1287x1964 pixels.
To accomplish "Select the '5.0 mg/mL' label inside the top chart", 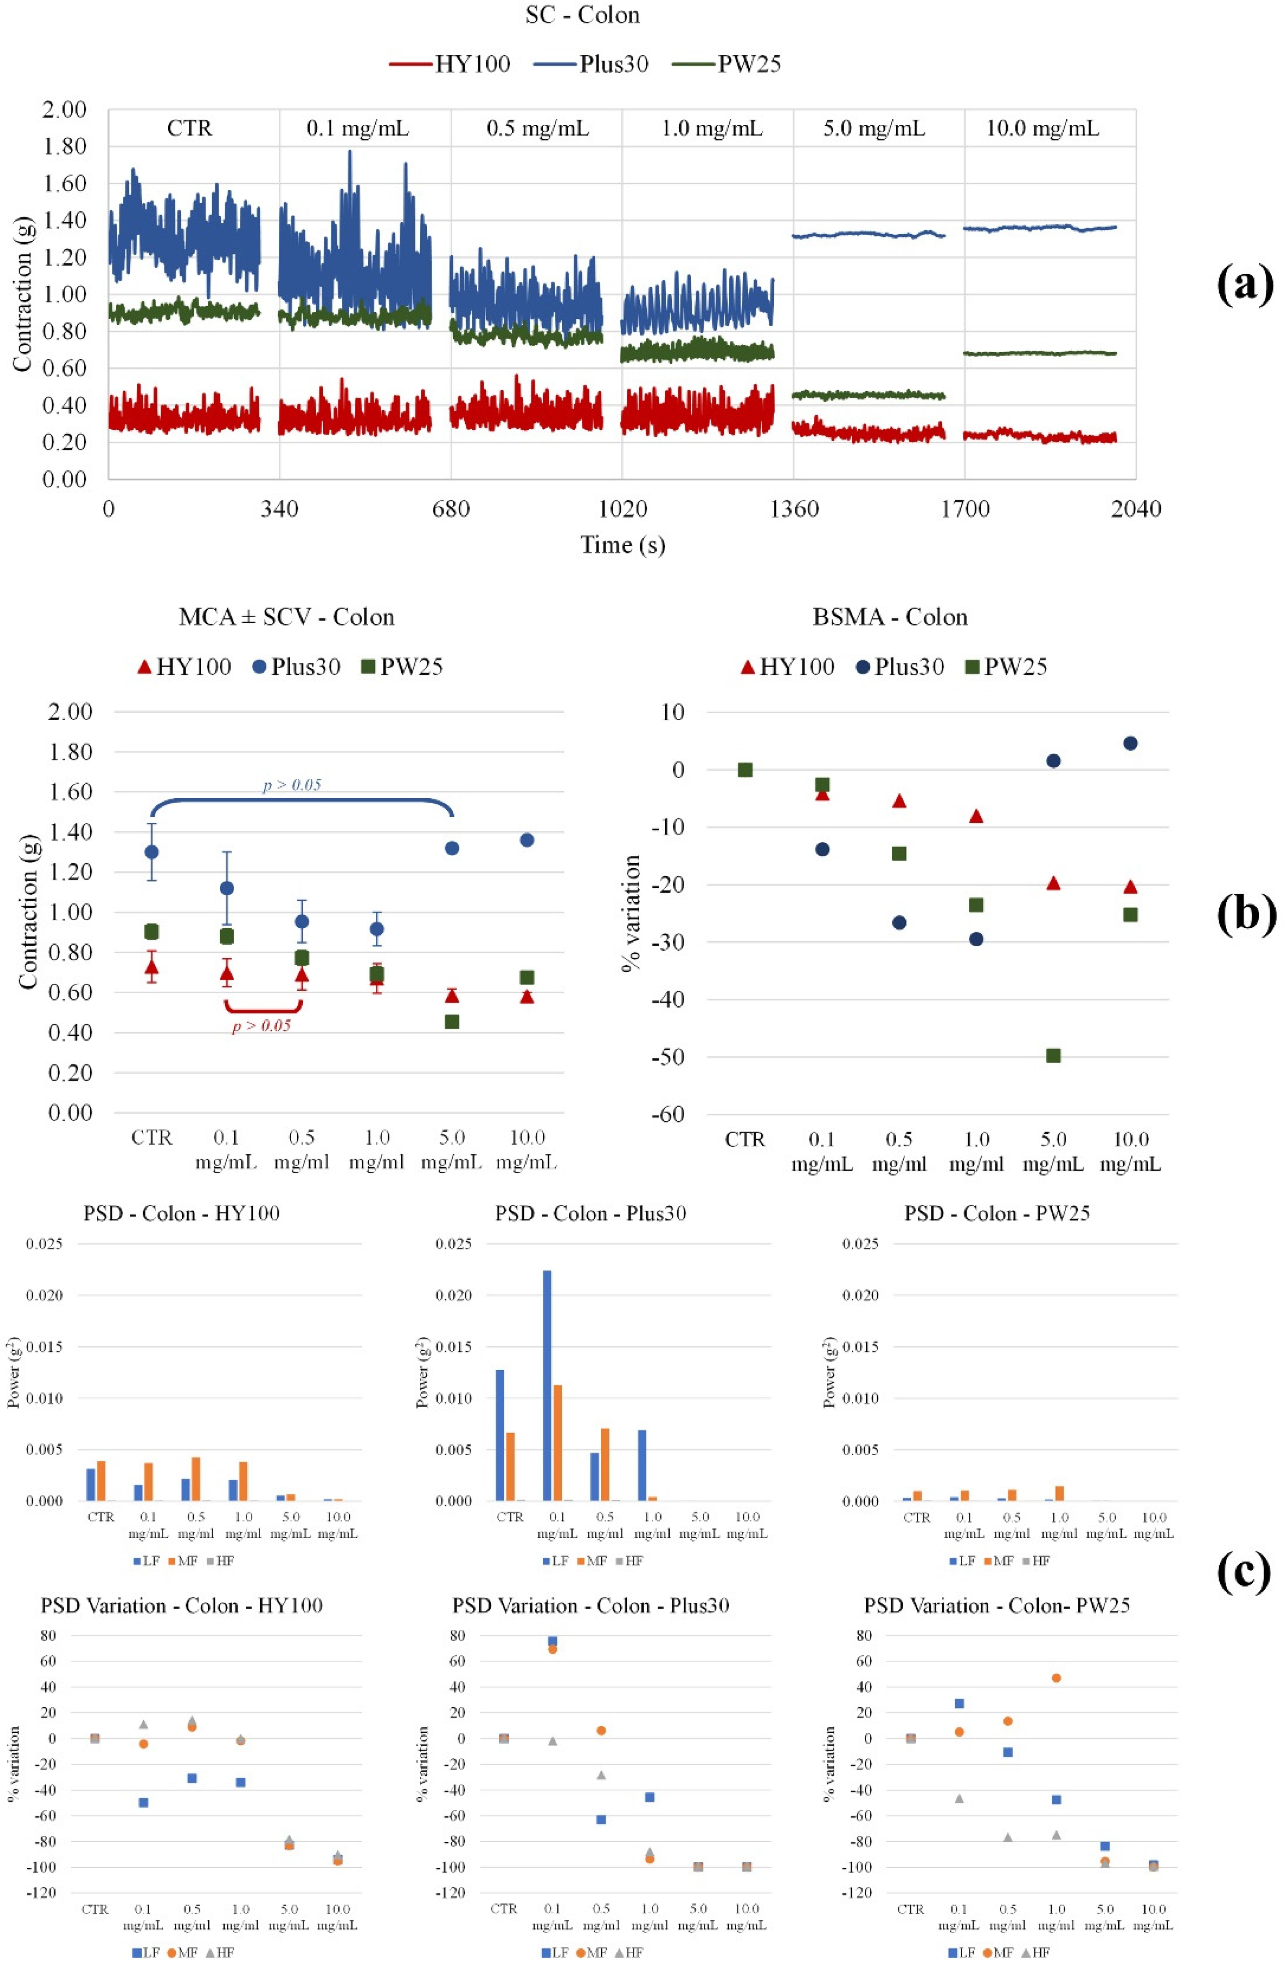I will pos(874,129).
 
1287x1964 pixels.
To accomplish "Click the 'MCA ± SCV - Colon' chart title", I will pos(286,617).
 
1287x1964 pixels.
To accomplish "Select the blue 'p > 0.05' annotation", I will pos(291,785).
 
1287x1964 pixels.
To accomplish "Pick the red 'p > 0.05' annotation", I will pos(261,1026).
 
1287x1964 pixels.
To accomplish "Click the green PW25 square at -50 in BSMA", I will pos(1053,1055).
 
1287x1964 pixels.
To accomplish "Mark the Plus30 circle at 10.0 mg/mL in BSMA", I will pos(1130,743).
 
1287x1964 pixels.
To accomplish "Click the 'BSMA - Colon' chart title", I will pos(889,617).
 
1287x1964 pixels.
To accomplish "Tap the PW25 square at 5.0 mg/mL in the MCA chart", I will pos(451,1021).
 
